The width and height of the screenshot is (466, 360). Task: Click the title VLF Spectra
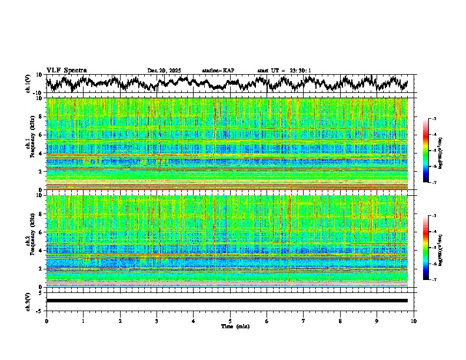coord(66,71)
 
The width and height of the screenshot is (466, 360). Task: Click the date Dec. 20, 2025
coord(164,71)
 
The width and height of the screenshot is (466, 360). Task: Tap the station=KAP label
coord(218,71)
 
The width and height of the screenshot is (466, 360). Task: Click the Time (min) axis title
coord(235,326)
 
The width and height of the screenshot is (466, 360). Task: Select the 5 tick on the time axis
coord(230,321)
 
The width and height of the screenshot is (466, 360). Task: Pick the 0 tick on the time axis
coord(46,321)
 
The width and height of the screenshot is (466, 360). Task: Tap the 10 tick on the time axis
coord(414,321)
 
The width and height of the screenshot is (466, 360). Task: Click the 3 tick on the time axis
coord(157,321)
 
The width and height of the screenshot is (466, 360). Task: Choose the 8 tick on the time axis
coord(340,321)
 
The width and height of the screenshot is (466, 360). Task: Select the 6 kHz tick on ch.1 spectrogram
coord(41,135)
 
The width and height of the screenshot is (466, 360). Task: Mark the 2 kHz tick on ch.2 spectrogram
coord(41,269)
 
